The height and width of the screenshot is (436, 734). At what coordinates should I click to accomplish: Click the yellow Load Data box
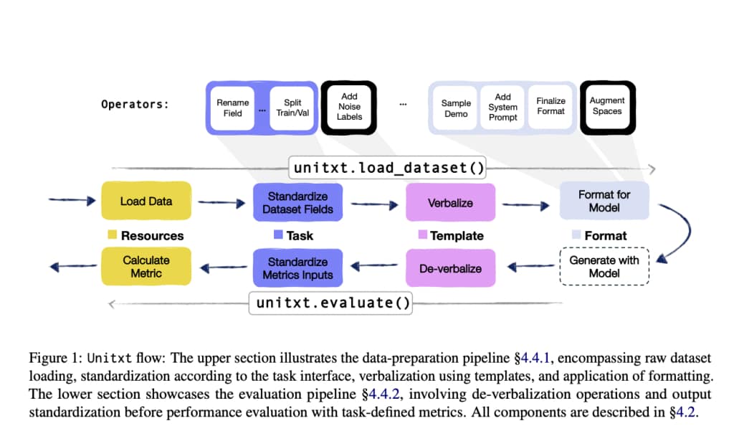pyautogui.click(x=146, y=202)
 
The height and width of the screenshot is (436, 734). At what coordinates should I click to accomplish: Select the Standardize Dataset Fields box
pyautogui.click(x=297, y=202)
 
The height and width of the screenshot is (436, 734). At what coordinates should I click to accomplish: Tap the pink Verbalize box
pyautogui.click(x=450, y=202)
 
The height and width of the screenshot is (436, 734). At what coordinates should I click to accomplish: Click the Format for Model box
pyautogui.click(x=604, y=201)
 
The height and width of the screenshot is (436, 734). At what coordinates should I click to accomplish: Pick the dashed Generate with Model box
pyautogui.click(x=604, y=267)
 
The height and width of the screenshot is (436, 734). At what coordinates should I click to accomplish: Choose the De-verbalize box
pyautogui.click(x=450, y=268)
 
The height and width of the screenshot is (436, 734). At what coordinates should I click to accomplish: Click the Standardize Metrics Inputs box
pyautogui.click(x=297, y=268)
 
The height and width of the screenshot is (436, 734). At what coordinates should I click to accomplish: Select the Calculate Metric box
pyautogui.click(x=146, y=267)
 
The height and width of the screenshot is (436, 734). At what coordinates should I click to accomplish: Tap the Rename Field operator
pyautogui.click(x=232, y=108)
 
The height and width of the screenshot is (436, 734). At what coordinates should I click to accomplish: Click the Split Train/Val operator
pyautogui.click(x=292, y=108)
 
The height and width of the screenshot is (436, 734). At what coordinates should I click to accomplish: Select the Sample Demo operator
pyautogui.click(x=455, y=108)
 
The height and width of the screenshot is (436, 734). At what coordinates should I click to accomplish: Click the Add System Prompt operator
pyautogui.click(x=502, y=107)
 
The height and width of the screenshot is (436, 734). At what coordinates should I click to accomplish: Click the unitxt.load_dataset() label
pyautogui.click(x=388, y=169)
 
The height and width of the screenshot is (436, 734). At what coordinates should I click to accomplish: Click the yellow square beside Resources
pyautogui.click(x=112, y=235)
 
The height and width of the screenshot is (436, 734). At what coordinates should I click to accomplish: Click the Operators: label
pyautogui.click(x=135, y=104)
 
